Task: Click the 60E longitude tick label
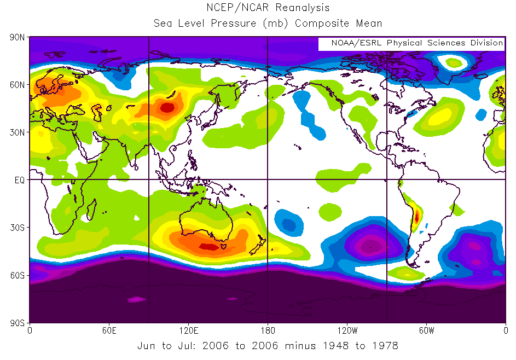(109, 331)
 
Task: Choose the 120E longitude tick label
(189, 331)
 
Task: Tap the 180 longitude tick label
(268, 331)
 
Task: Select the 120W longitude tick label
(347, 331)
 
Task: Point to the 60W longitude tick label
(426, 331)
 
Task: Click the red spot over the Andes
(416, 216)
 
